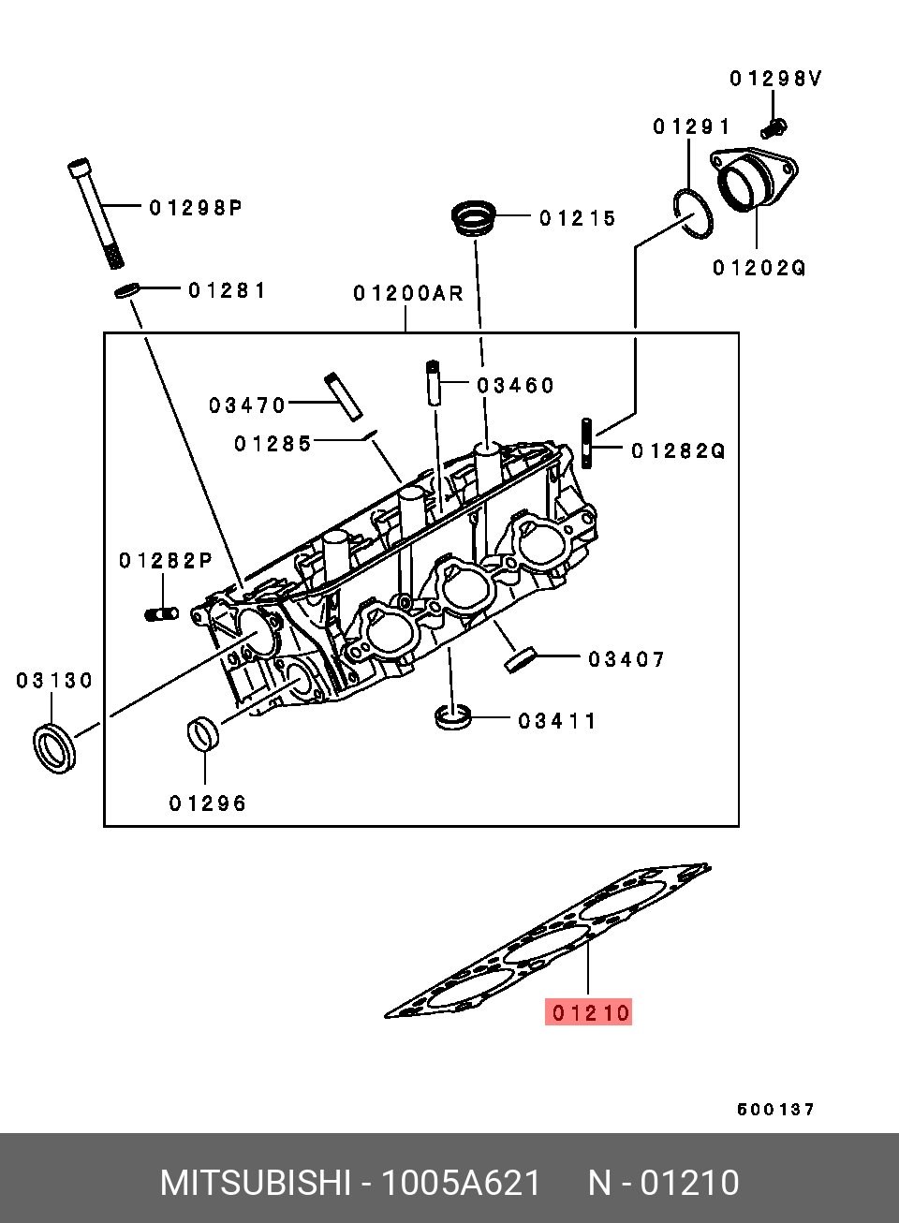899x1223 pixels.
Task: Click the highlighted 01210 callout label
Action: point(588,1013)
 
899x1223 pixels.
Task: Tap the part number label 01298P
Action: point(196,208)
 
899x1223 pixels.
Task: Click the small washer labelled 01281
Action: point(127,290)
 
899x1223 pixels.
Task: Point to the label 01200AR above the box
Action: point(408,294)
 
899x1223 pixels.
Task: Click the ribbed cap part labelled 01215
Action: point(474,219)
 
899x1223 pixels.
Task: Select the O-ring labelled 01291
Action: point(693,214)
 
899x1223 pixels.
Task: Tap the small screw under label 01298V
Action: point(774,129)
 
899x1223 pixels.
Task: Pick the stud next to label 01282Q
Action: point(586,443)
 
